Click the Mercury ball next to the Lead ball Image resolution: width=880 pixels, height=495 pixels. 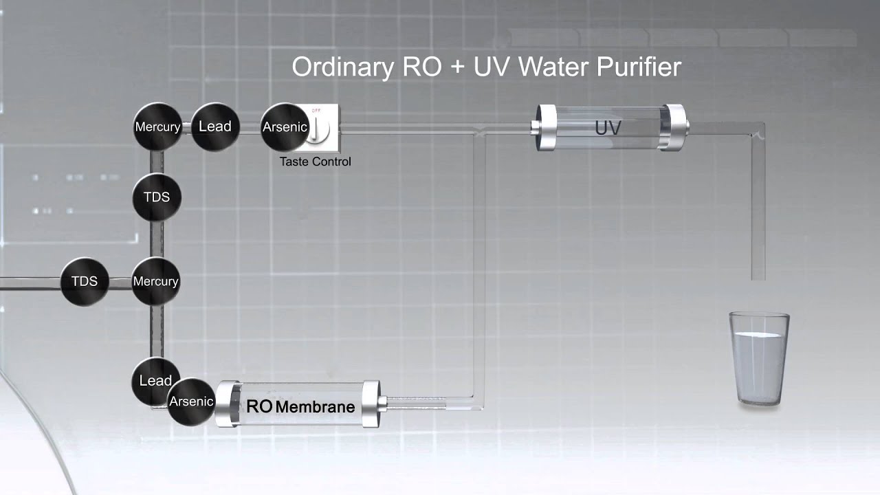[x=157, y=127]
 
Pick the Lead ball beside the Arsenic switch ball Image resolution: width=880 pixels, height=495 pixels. [x=214, y=126]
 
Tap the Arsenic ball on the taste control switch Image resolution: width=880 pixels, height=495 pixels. [x=285, y=127]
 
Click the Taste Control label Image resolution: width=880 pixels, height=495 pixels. [x=315, y=162]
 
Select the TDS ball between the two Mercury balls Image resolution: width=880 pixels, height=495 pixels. [x=157, y=197]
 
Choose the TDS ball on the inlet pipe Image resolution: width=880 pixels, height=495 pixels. [x=85, y=281]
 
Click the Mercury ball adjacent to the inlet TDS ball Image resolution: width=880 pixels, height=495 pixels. [x=155, y=281]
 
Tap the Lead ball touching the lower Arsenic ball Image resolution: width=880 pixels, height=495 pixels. [x=154, y=380]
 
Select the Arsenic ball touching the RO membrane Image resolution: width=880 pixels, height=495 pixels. [x=190, y=401]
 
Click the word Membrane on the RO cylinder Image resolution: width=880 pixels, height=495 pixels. [x=315, y=407]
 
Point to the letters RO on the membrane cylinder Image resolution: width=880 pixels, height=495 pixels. [x=259, y=406]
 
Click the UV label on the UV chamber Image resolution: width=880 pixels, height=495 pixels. [x=608, y=128]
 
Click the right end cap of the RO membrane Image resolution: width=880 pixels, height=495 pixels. [x=371, y=404]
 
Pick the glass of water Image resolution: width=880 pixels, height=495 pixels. [x=759, y=360]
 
